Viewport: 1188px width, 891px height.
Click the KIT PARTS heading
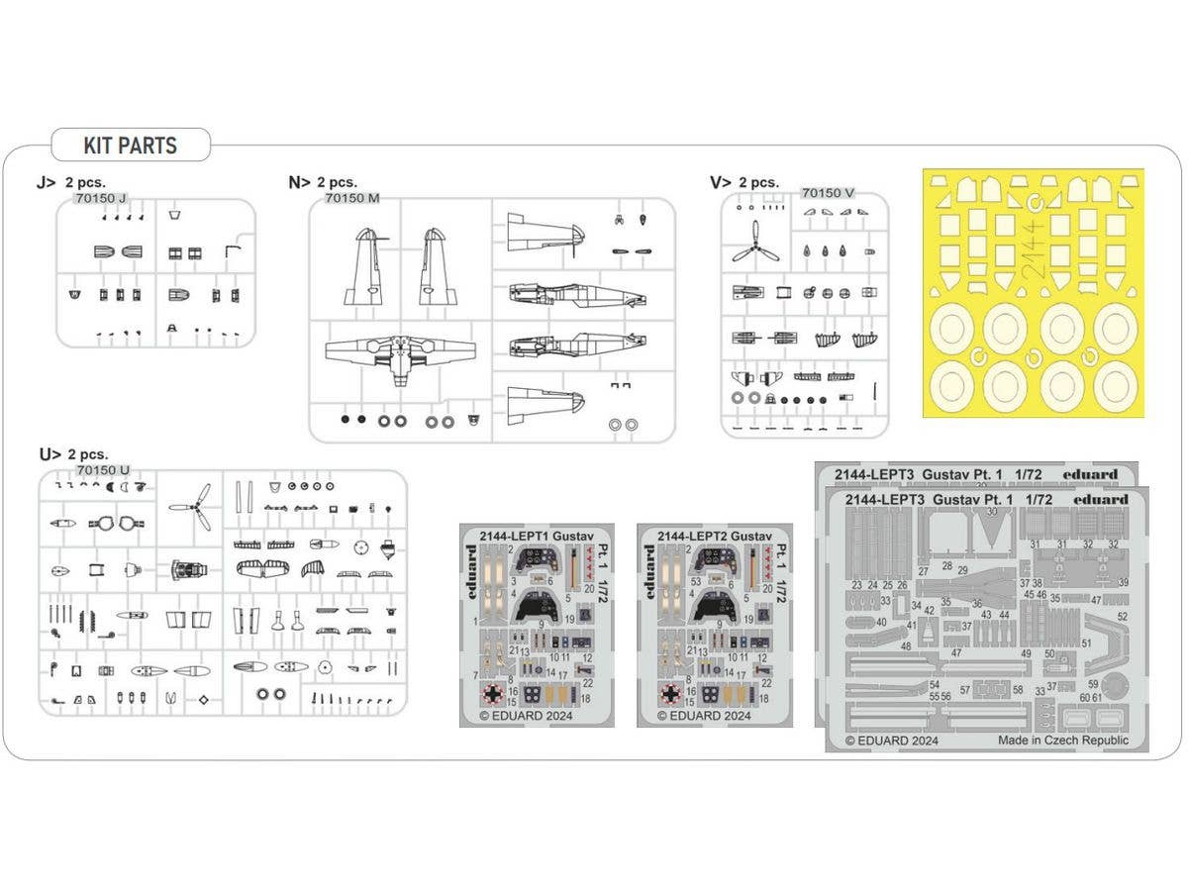130,146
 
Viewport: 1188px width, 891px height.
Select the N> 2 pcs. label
323,182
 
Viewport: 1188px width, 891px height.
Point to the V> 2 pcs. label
744,182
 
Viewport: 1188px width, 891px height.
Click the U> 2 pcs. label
74,454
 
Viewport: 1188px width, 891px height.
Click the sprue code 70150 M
351,198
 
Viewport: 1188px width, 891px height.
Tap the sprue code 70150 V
828,193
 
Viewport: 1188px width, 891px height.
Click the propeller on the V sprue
755,241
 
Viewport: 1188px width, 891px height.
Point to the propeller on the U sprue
191,506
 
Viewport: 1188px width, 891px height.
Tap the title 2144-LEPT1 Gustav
535,537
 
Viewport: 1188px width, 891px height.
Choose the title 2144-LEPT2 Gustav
713,537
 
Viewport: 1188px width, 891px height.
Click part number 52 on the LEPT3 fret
1122,617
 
